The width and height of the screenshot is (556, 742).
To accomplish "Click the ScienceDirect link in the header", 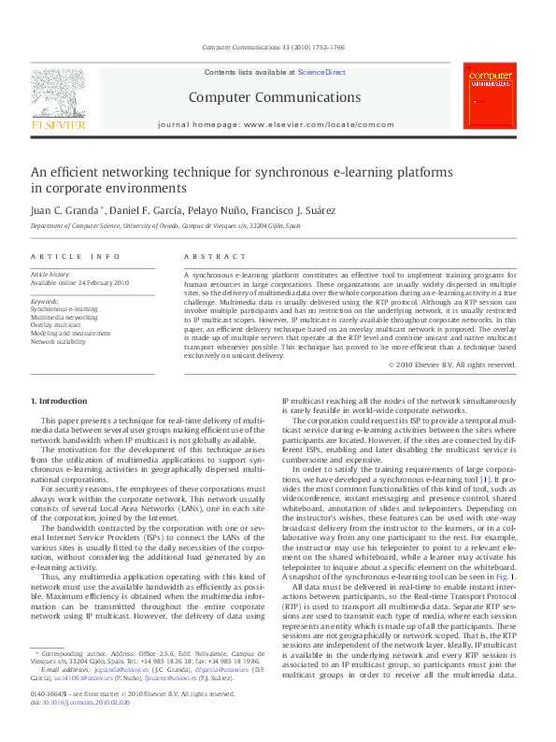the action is [x=321, y=72].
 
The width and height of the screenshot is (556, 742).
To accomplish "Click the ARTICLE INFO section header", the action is [x=76, y=256].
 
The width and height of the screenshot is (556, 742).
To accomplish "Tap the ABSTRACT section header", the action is [x=209, y=256].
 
